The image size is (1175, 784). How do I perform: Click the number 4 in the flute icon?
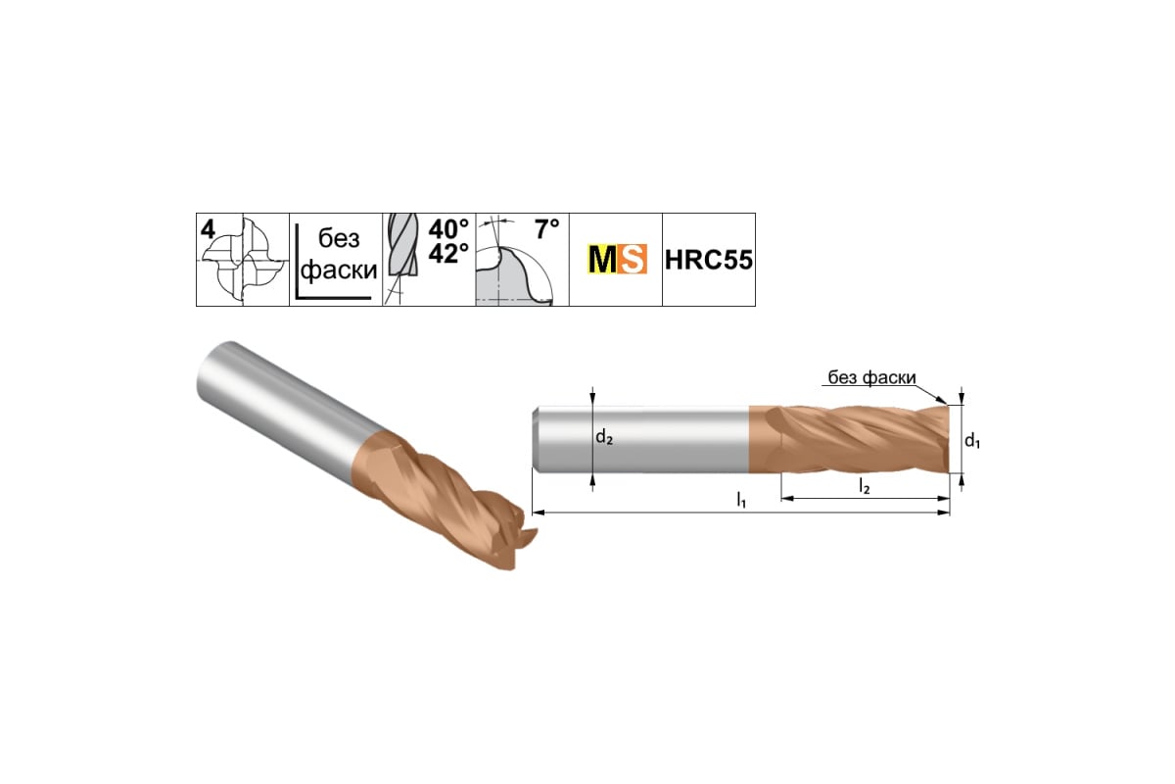[208, 229]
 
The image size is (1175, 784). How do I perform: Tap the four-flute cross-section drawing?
[245, 261]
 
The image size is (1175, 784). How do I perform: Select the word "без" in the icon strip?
[339, 239]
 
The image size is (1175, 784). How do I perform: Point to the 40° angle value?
[448, 229]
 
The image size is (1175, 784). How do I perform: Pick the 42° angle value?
[448, 253]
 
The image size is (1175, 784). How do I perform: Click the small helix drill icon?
[402, 258]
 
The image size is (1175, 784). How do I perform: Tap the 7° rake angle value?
[546, 229]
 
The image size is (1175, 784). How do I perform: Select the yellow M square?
[603, 259]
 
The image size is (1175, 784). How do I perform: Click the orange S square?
[633, 259]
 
